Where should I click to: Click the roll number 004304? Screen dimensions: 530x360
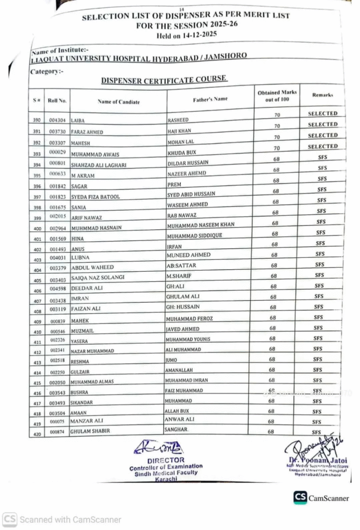(x=57, y=120)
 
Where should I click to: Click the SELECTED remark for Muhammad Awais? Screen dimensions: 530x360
(x=322, y=146)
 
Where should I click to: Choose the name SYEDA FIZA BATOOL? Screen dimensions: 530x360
(x=96, y=197)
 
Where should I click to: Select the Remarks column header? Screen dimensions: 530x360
(x=322, y=95)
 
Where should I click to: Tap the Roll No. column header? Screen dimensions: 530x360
(x=57, y=99)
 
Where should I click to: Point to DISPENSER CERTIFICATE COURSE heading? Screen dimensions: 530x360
(x=164, y=79)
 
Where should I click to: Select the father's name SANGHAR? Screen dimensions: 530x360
(x=177, y=430)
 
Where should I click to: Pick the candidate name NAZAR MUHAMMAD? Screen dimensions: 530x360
(x=93, y=351)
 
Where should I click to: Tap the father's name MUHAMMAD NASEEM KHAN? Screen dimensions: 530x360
(x=200, y=225)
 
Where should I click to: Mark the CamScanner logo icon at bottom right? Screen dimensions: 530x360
(x=300, y=497)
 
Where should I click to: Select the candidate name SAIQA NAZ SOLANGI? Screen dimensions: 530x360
(x=98, y=277)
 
